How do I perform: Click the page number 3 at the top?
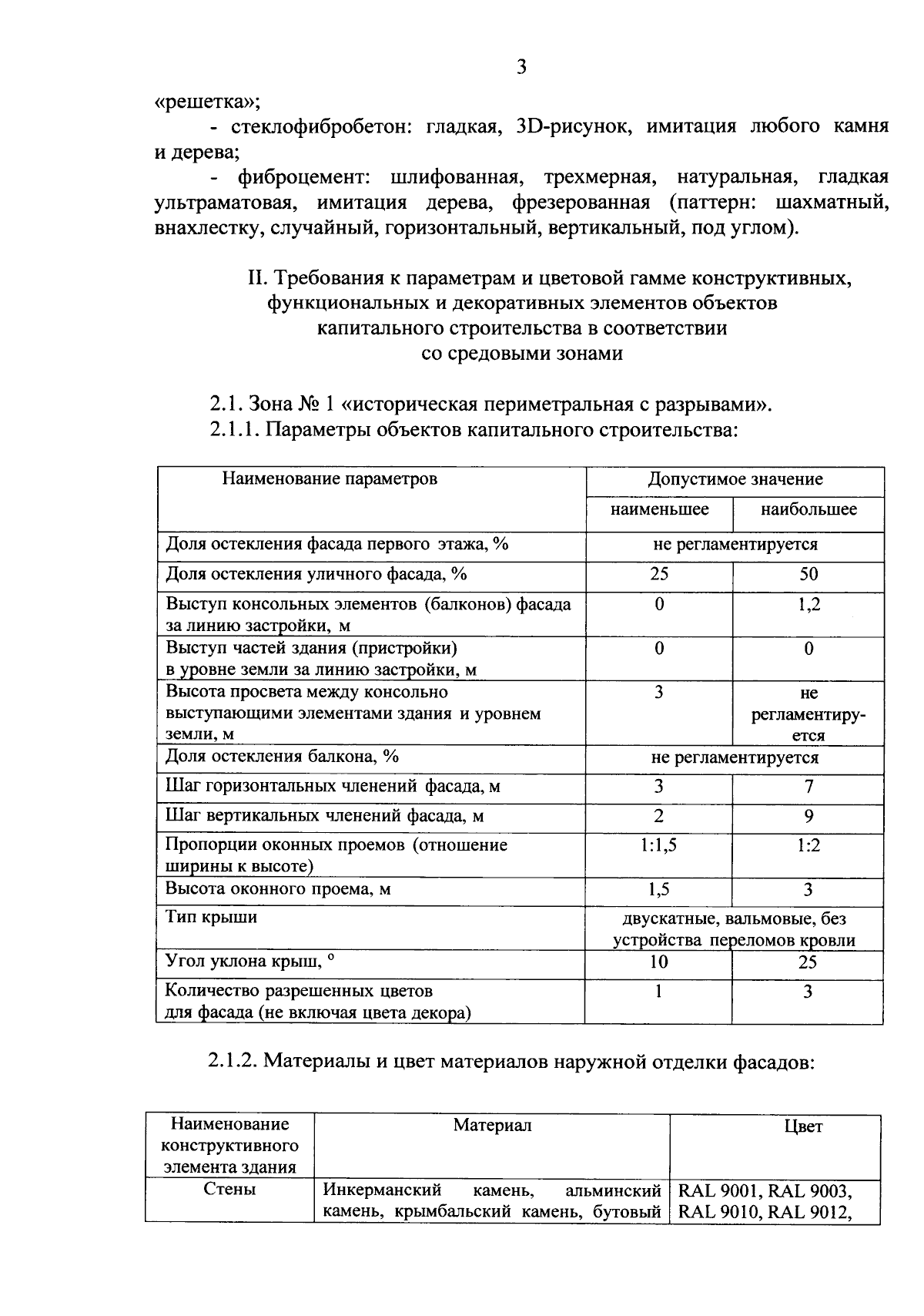pyautogui.click(x=521, y=68)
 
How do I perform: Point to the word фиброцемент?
pyautogui.click(x=305, y=177)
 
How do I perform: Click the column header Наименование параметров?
pyautogui.click(x=330, y=479)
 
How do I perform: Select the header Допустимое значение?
pyautogui.click(x=735, y=479)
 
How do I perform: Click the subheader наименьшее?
pyautogui.click(x=659, y=510)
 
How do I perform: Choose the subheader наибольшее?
pyautogui.click(x=808, y=510)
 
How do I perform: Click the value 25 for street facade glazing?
pyautogui.click(x=658, y=575)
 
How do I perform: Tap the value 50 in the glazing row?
pyautogui.click(x=808, y=575)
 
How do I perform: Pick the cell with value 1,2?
pyautogui.click(x=808, y=605)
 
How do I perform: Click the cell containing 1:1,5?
pyautogui.click(x=658, y=845)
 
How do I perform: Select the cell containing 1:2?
pyautogui.click(x=808, y=845)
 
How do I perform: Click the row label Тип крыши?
pyautogui.click(x=212, y=918)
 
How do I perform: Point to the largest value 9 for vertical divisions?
pyautogui.click(x=808, y=816)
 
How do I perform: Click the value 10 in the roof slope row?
pyautogui.click(x=658, y=962)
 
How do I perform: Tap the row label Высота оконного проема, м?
pyautogui.click(x=278, y=890)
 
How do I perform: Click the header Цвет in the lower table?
pyautogui.click(x=803, y=1126)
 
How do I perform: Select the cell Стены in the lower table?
pyautogui.click(x=229, y=1190)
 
